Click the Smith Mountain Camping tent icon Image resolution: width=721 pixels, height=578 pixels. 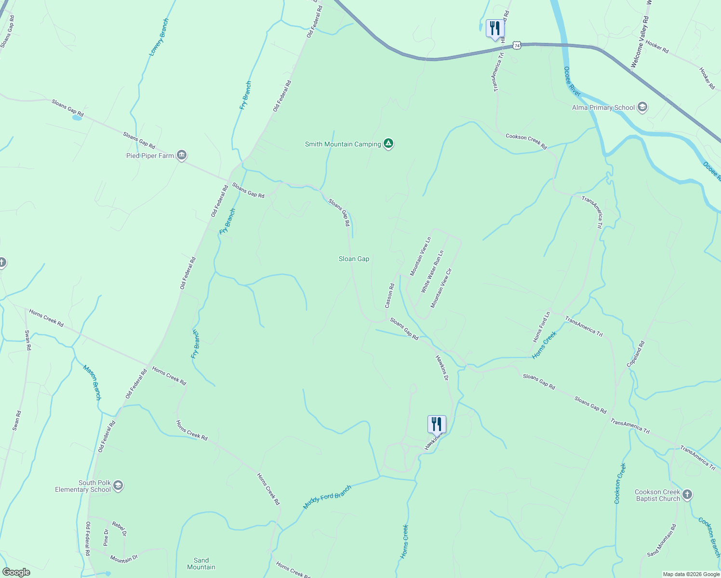pyautogui.click(x=388, y=144)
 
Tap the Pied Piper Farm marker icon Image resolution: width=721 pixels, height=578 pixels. pyautogui.click(x=182, y=155)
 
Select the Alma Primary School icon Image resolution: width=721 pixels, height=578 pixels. pyautogui.click(x=642, y=107)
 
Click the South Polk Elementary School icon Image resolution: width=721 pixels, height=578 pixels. pyautogui.click(x=119, y=486)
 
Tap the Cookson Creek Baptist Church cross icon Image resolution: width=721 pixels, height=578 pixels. pyautogui.click(x=687, y=495)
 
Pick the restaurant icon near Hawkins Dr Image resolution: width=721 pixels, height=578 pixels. pyautogui.click(x=437, y=424)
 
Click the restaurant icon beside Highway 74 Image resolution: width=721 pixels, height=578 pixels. pyautogui.click(x=494, y=28)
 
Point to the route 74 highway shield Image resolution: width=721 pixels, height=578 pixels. pyautogui.click(x=517, y=45)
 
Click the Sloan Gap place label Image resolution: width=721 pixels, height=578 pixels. pyautogui.click(x=354, y=259)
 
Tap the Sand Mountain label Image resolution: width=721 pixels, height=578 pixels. pyautogui.click(x=201, y=564)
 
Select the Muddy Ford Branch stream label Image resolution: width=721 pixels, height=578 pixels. pyautogui.click(x=327, y=497)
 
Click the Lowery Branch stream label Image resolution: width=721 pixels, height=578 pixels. pyautogui.click(x=159, y=37)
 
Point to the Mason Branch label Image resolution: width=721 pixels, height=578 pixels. pyautogui.click(x=92, y=382)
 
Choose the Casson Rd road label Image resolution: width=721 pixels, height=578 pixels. pyautogui.click(x=389, y=296)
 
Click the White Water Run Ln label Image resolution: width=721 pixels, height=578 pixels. pyautogui.click(x=432, y=272)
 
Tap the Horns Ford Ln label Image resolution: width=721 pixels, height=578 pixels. pyautogui.click(x=541, y=328)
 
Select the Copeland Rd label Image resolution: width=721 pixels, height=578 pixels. pyautogui.click(x=635, y=355)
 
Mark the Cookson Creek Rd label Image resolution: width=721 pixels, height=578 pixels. pyautogui.click(x=526, y=141)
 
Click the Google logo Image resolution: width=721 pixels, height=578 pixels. pyautogui.click(x=16, y=572)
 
